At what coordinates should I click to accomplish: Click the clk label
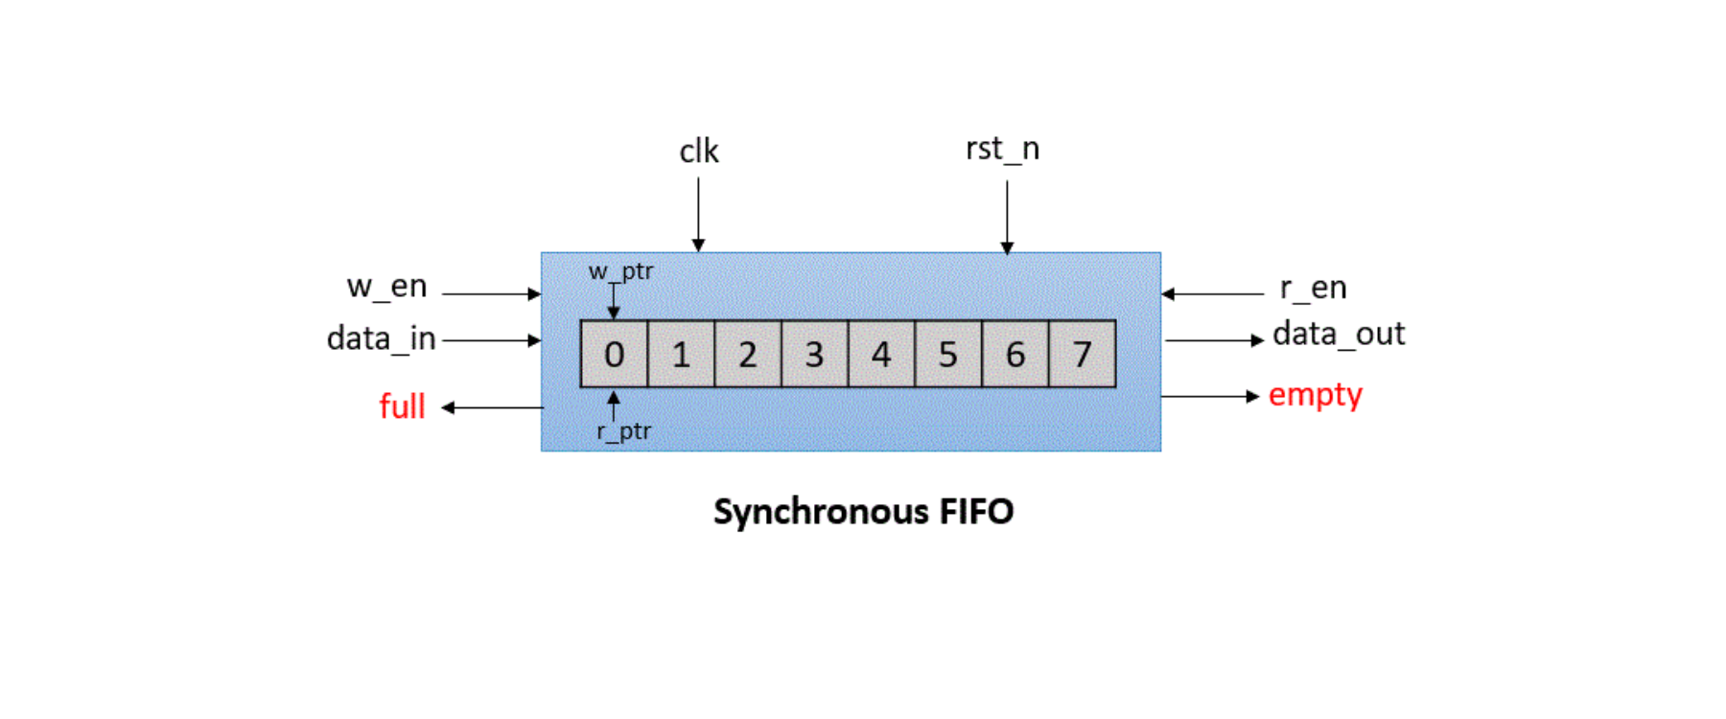(x=699, y=151)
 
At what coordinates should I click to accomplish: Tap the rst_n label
(x=1002, y=150)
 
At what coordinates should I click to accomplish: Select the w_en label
(x=386, y=287)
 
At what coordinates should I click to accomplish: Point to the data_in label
(x=381, y=338)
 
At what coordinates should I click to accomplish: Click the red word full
(x=402, y=406)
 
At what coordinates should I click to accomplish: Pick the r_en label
(x=1313, y=288)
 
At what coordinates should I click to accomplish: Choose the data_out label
(x=1338, y=335)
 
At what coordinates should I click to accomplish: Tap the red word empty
(x=1315, y=395)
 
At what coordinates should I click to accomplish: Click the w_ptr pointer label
(x=620, y=271)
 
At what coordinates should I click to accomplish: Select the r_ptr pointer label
(x=623, y=431)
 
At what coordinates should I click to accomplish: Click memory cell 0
(x=615, y=355)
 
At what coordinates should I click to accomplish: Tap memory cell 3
(x=814, y=355)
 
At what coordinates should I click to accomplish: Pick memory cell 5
(x=947, y=355)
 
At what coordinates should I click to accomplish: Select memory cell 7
(x=1082, y=355)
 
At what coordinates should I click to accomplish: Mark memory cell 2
(x=748, y=355)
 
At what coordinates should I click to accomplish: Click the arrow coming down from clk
(x=698, y=215)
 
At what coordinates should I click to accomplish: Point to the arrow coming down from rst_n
(x=1007, y=217)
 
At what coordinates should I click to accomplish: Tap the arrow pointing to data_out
(x=1214, y=340)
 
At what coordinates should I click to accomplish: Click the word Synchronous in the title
(x=821, y=512)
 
